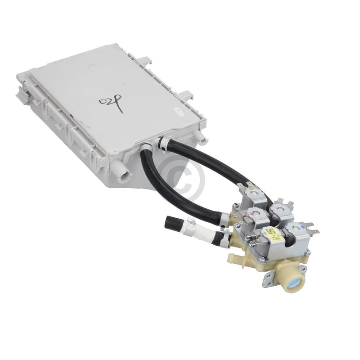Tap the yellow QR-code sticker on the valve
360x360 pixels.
click(x=273, y=234)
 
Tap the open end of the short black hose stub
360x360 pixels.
click(x=170, y=221)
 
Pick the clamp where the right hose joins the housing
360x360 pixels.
click(x=163, y=144)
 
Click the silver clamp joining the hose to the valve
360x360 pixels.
click(x=224, y=219)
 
